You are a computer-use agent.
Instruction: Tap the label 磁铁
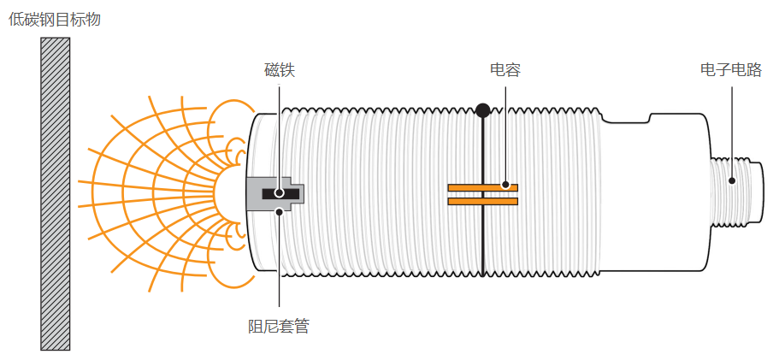pos(280,70)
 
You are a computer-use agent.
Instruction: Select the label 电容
pos(505,70)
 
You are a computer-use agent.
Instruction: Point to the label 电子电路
pos(730,70)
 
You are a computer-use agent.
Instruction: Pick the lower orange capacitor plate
pos(482,202)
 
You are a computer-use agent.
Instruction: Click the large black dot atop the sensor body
pos(483,110)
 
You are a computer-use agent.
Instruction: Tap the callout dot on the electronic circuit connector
pos(732,180)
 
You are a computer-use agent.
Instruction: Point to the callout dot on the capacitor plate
pos(505,184)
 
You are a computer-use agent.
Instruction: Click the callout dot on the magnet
pos(280,193)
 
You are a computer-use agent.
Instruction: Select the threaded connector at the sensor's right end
pos(735,193)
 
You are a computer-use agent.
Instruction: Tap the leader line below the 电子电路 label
pos(732,128)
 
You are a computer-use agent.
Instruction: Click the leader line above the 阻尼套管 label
pos(280,265)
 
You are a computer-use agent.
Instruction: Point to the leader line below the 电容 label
pos(505,128)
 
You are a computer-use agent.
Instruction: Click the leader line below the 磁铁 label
pos(280,128)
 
